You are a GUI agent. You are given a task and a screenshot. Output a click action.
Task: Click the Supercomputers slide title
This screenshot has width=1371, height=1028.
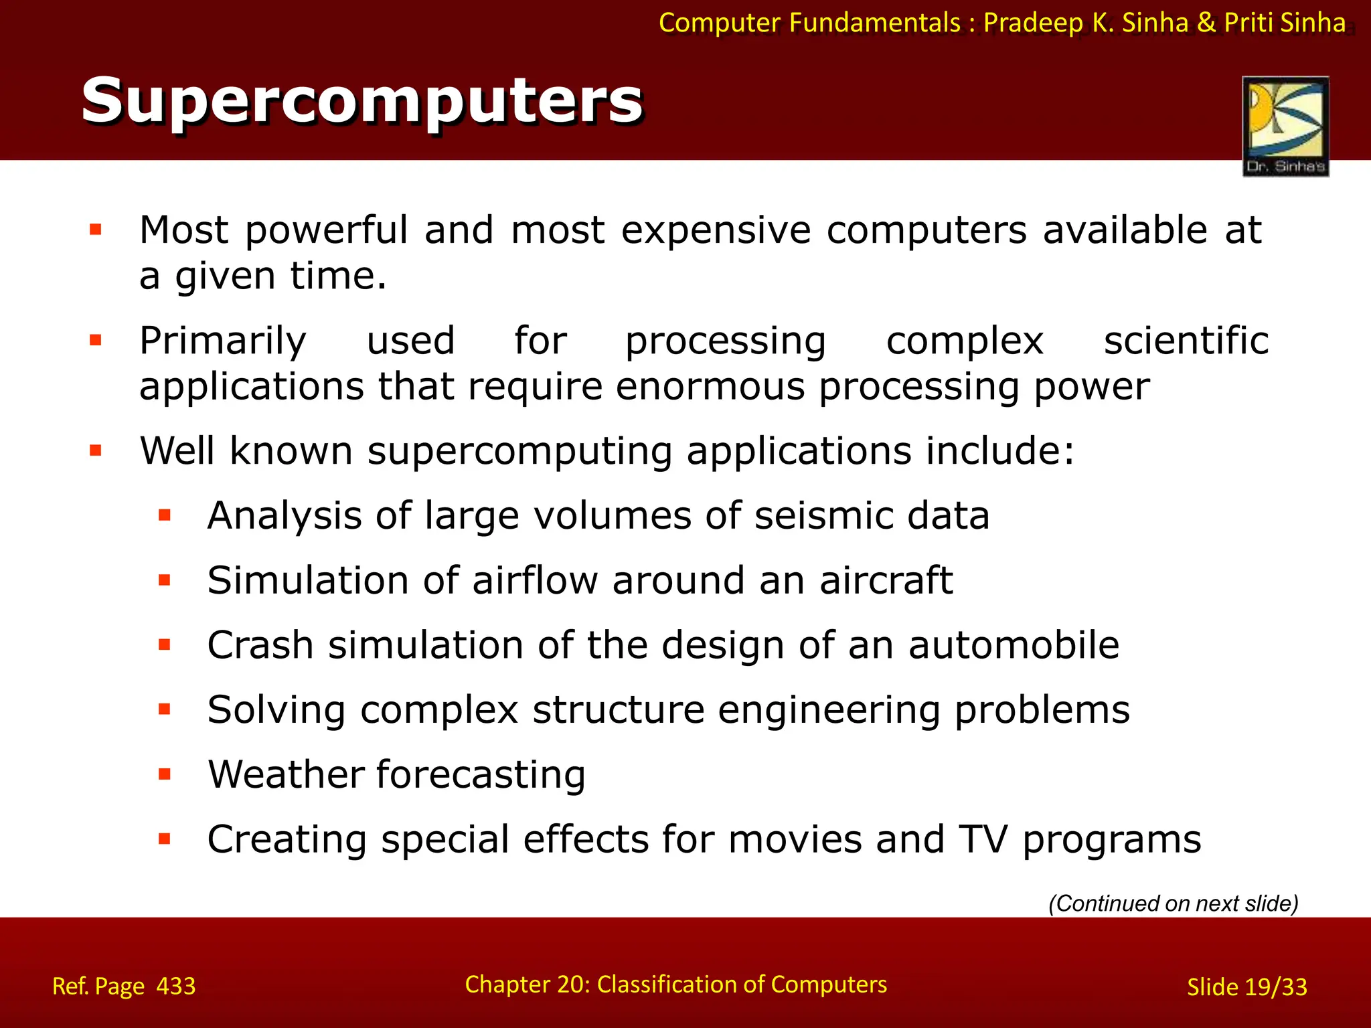(x=361, y=101)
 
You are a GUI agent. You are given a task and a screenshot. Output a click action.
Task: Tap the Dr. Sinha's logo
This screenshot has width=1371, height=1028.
(x=1285, y=126)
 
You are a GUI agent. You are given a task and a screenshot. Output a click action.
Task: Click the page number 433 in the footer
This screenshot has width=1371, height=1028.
(x=176, y=986)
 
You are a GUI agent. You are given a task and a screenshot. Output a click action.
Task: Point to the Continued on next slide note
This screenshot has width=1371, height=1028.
(x=1173, y=904)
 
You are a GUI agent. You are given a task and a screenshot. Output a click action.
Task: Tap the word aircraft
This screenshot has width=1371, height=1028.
(x=886, y=580)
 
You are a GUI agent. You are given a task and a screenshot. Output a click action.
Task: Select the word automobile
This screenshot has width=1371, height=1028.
(x=1014, y=645)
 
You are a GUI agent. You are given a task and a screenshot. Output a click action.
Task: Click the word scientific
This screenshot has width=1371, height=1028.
(x=1186, y=341)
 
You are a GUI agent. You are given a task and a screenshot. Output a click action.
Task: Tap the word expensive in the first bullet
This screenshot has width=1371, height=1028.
(x=716, y=231)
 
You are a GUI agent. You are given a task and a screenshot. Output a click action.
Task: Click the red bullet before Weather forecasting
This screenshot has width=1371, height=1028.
(x=165, y=775)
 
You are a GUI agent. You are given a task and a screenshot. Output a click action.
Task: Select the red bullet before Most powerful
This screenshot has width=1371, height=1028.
(x=96, y=230)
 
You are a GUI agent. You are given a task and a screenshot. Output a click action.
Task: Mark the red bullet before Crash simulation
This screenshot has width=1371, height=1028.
(x=165, y=645)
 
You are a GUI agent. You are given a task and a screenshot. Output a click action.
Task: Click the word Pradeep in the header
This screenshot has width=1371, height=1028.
(x=1033, y=23)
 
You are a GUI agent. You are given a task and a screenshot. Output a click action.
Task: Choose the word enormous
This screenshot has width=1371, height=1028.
(x=710, y=387)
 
